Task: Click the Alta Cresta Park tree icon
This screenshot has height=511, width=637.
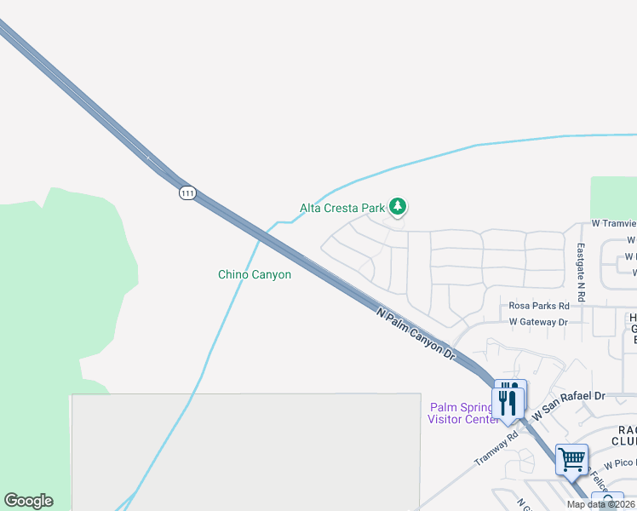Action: [x=397, y=206]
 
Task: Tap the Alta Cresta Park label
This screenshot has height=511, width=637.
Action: [x=343, y=207]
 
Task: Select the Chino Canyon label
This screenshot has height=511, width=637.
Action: [x=255, y=274]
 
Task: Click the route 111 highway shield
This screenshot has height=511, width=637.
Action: [x=187, y=193]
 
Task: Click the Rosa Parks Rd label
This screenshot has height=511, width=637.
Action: [x=538, y=306]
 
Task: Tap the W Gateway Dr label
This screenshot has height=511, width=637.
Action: [x=537, y=322]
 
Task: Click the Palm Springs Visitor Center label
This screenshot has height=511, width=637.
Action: [x=462, y=413]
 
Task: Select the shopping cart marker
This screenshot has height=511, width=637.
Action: [x=571, y=460]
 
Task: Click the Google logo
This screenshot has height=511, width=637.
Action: [x=28, y=501]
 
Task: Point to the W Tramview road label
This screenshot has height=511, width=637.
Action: [x=613, y=223]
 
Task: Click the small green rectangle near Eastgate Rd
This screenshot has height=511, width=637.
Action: [x=613, y=198]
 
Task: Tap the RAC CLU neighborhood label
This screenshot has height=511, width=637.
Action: [x=624, y=434]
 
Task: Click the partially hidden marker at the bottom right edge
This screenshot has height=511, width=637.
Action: [x=607, y=502]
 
